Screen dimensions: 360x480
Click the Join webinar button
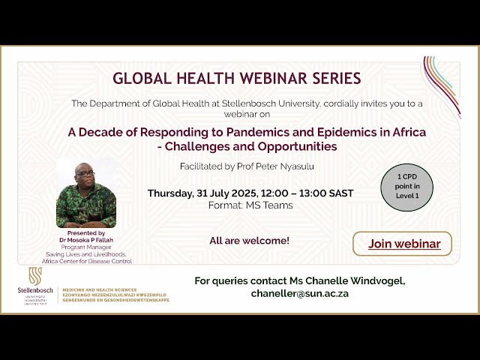pyautogui.click(x=402, y=244)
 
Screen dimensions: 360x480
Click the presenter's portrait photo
pyautogui.click(x=86, y=193)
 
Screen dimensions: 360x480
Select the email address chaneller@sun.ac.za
pyautogui.click(x=299, y=293)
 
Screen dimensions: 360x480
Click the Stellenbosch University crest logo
pyautogui.click(x=35, y=274)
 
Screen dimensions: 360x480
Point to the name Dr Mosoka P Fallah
pyautogui.click(x=86, y=240)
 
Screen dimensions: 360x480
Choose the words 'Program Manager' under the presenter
pyautogui.click(x=86, y=247)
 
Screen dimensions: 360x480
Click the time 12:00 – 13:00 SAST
pyautogui.click(x=308, y=193)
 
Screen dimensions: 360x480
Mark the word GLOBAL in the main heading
pyautogui.click(x=140, y=78)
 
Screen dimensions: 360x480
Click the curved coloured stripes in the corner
pyautogui.click(x=442, y=78)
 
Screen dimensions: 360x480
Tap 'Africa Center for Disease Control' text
pyautogui.click(x=87, y=261)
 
